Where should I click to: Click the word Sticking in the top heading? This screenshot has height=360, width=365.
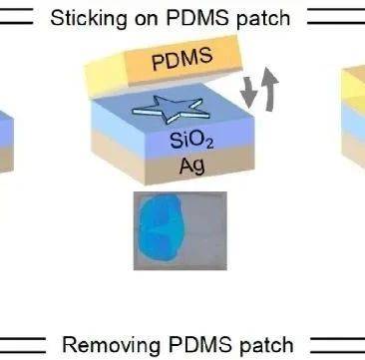[88, 19]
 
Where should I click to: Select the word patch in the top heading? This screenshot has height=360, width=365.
[263, 19]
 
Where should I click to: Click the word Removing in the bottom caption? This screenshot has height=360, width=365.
[111, 344]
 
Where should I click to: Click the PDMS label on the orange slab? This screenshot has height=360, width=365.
[182, 59]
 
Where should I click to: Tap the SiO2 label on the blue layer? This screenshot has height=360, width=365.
[191, 141]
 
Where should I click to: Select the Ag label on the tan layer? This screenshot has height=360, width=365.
[192, 166]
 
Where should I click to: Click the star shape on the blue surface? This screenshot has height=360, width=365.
[171, 109]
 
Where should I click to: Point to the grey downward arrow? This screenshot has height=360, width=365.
[248, 93]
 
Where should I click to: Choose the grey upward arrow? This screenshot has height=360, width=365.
[269, 88]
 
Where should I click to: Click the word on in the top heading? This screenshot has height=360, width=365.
[146, 20]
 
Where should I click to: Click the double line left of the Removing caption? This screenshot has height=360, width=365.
[23, 345]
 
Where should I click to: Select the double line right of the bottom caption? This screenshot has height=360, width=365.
[337, 345]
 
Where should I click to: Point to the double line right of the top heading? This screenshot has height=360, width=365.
[336, 16]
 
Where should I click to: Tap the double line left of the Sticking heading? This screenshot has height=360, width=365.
[17, 16]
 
